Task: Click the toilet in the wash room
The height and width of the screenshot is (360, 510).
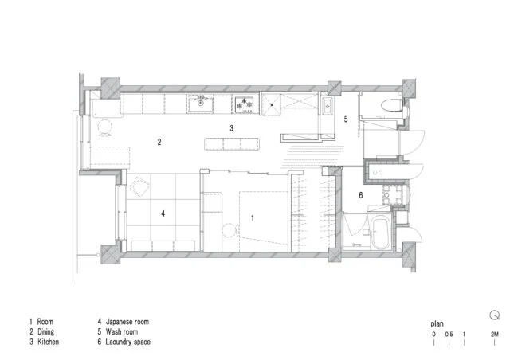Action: (390, 104)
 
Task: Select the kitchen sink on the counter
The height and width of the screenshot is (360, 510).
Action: (200, 103)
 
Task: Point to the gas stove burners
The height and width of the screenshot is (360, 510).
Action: (245, 104)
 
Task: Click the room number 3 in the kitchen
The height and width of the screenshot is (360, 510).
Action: (232, 128)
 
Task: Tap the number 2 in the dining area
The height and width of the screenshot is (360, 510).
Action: (159, 142)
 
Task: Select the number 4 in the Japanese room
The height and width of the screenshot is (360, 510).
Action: (163, 213)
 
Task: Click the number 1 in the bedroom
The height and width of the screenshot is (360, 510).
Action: (253, 218)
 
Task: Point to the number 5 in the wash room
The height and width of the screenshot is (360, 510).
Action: (346, 119)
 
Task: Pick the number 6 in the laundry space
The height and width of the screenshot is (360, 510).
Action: (361, 195)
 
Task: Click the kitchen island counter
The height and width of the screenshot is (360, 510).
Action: (232, 143)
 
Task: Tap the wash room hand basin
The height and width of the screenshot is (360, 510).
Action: (327, 106)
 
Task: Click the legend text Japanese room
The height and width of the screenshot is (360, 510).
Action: (127, 322)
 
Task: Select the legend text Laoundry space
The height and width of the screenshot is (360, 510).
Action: (127, 342)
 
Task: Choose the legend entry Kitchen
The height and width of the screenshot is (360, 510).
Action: (48, 342)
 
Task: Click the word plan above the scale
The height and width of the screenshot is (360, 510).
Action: (437, 324)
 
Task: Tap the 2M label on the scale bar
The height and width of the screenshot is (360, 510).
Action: (494, 334)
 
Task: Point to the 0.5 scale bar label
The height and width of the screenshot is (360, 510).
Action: (449, 334)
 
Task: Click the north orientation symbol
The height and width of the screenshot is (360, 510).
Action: (495, 315)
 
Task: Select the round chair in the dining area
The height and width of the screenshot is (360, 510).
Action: (105, 127)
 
